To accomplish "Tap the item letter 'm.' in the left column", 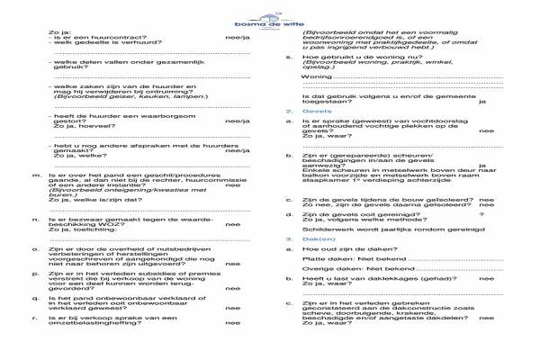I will [x=34, y=175].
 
